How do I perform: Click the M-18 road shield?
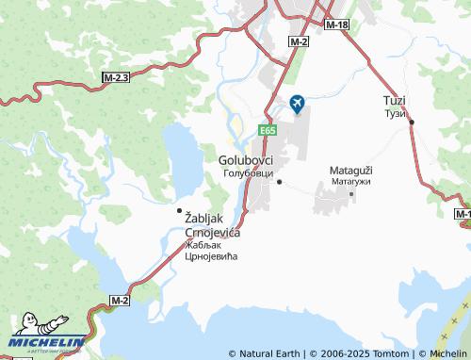[x=337, y=25]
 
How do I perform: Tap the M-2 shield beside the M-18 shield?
[x=300, y=42]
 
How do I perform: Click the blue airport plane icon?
[x=298, y=103]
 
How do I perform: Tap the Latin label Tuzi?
[x=394, y=101]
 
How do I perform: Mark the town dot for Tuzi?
[x=411, y=122]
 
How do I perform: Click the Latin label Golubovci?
[x=246, y=160]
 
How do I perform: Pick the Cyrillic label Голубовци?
[x=248, y=173]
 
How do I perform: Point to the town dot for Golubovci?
[x=278, y=182]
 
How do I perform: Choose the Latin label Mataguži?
[x=350, y=171]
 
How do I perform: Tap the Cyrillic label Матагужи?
[x=350, y=181]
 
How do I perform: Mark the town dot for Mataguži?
[x=351, y=194]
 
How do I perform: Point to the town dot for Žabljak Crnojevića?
[x=179, y=210]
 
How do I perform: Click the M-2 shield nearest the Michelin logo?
[x=119, y=300]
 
